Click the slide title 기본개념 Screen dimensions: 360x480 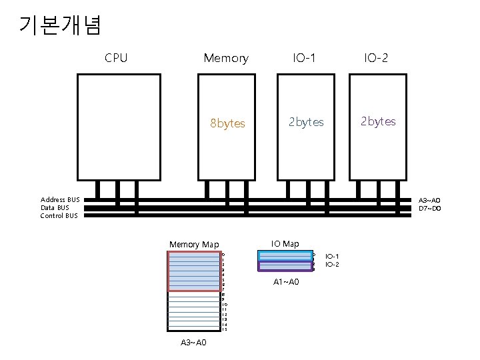61,25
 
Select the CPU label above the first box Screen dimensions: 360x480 116,58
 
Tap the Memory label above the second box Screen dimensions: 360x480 226,58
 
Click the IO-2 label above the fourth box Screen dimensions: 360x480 377,58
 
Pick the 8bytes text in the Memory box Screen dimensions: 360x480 227,123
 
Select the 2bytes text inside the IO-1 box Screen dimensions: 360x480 306,122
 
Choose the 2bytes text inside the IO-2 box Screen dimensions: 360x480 378,121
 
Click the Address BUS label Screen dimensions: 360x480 60,200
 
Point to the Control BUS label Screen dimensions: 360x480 59,215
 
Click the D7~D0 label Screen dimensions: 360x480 429,209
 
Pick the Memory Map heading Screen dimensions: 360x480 194,245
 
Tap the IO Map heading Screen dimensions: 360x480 285,244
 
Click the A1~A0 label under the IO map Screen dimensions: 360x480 287,282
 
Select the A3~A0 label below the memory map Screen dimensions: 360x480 193,343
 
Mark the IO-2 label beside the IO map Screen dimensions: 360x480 333,265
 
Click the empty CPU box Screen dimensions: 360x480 116,127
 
